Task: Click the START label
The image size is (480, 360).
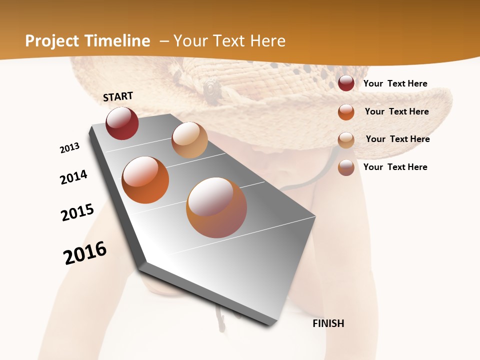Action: click(118, 96)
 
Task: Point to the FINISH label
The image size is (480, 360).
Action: click(328, 323)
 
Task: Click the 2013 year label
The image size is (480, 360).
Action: click(70, 148)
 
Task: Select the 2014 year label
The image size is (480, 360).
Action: click(73, 177)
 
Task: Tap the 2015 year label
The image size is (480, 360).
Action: click(77, 212)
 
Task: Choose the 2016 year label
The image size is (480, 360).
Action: click(85, 253)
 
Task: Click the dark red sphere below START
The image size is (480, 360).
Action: click(122, 123)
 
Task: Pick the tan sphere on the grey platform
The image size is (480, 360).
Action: click(189, 140)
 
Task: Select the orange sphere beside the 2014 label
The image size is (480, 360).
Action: click(145, 180)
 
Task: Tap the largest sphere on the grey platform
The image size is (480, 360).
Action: click(216, 207)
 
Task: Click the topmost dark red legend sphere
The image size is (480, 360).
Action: click(346, 83)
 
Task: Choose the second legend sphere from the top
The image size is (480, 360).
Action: click(346, 111)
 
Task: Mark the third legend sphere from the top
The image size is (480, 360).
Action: click(346, 139)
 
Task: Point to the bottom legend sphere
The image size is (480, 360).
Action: click(346, 167)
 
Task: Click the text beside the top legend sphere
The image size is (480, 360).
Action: click(395, 83)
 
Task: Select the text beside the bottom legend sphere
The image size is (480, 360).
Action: click(395, 167)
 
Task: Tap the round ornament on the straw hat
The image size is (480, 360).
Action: click(212, 89)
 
